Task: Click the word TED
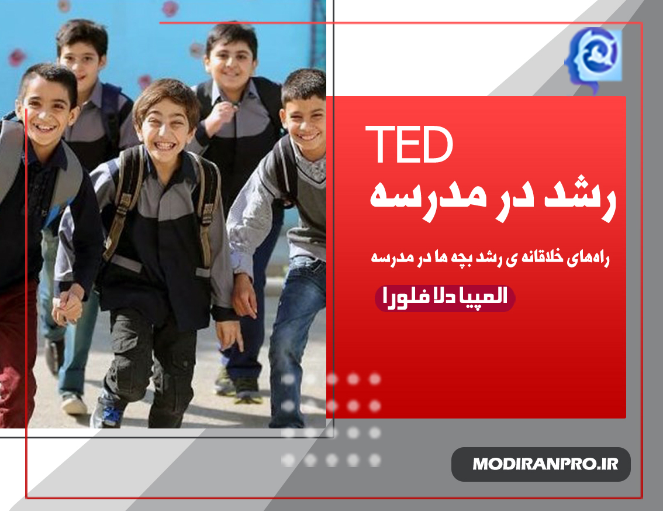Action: pos(409,145)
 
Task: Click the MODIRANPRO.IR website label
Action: pos(545,464)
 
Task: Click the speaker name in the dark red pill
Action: pos(445,297)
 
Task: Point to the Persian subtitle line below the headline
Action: pos(490,258)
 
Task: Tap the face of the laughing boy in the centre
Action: pos(165,127)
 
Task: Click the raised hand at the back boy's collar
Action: pos(222,114)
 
